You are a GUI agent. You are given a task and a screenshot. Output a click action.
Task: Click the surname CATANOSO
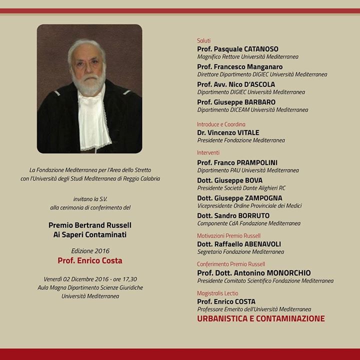click(x=262, y=49)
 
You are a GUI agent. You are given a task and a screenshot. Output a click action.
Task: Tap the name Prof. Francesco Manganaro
click(x=239, y=67)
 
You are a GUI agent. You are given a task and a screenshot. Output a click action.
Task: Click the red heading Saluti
click(x=204, y=40)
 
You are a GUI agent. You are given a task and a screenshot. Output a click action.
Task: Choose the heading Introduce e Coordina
click(x=221, y=124)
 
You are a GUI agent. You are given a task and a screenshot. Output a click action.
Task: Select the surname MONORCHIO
click(x=287, y=273)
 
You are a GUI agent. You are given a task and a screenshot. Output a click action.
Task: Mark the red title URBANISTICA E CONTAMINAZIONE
click(x=261, y=318)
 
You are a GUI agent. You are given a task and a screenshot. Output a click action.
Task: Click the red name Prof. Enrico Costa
click(x=90, y=260)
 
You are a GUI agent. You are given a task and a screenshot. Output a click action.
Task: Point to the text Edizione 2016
click(x=90, y=250)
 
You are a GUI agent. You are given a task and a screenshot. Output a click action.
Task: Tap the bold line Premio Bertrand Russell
click(x=90, y=225)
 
